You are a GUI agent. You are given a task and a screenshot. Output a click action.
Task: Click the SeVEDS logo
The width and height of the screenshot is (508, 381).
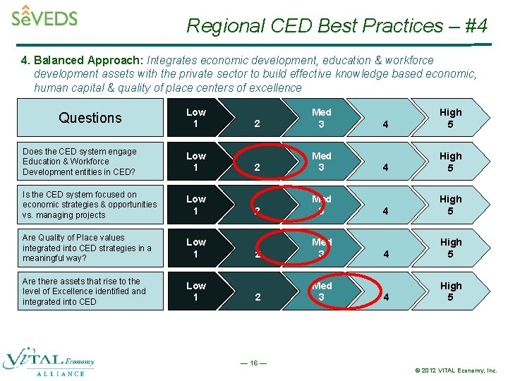point(44,16)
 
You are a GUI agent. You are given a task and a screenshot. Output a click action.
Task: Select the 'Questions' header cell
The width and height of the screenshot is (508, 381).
point(90,118)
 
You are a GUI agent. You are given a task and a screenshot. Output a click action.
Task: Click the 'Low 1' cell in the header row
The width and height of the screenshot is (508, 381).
point(196,118)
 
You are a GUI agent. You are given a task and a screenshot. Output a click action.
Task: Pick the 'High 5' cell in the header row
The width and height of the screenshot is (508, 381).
point(450,118)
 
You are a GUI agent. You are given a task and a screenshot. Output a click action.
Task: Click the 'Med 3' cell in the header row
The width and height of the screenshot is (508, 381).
point(321,118)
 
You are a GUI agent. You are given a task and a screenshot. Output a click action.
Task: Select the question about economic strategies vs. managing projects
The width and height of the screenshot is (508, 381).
point(90,205)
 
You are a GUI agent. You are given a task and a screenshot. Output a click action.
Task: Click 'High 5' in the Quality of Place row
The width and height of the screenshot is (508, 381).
point(450,248)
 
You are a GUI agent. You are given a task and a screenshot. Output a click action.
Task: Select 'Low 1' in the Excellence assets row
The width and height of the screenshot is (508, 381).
point(196,291)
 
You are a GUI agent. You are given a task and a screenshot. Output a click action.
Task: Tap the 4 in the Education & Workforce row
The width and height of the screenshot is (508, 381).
point(385,168)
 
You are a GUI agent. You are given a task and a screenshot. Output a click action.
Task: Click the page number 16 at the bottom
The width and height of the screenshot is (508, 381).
point(253,363)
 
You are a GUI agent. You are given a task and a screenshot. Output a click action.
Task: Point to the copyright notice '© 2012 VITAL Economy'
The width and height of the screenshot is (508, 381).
point(456,370)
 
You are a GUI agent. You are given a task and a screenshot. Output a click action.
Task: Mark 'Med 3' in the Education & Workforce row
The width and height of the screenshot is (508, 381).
point(321,162)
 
